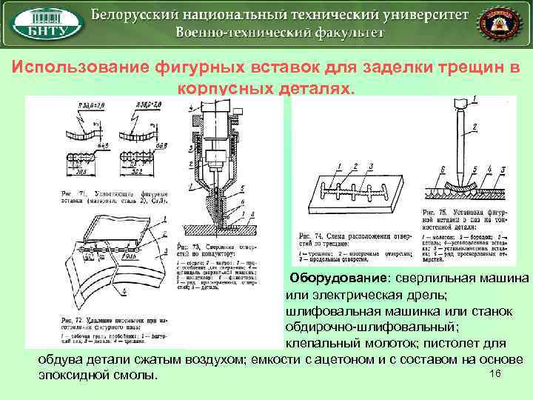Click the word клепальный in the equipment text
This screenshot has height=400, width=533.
click(321, 344)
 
